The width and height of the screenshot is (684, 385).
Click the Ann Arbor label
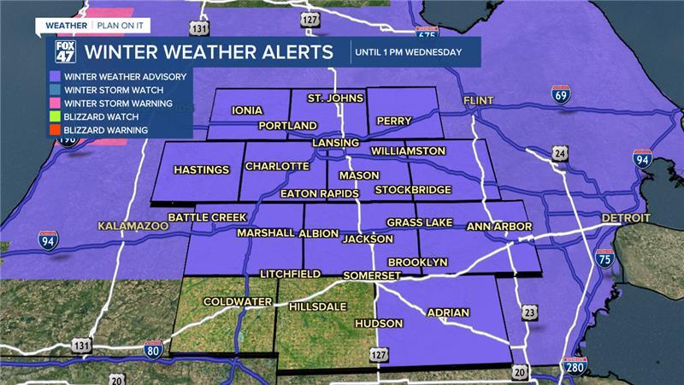click(499, 227)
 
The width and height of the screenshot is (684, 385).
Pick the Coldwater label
click(237, 301)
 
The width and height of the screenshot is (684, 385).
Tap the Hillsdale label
click(322, 305)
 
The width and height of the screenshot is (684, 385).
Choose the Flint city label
click(479, 101)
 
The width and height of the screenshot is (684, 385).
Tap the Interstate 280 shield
click(575, 367)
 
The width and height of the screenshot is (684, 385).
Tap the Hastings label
click(202, 169)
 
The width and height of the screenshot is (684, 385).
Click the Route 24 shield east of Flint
click(560, 153)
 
